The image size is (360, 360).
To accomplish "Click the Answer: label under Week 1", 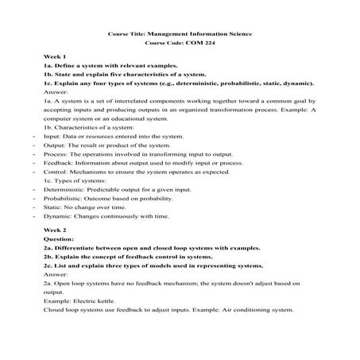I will (x=56, y=92).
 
